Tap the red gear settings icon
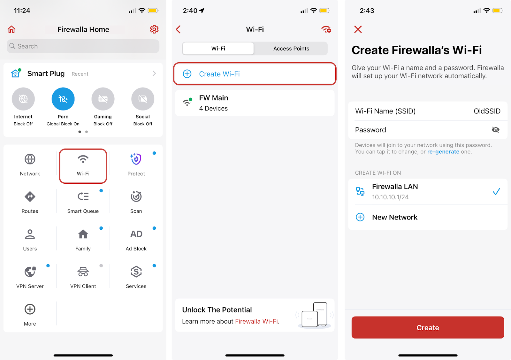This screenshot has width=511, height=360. click(154, 29)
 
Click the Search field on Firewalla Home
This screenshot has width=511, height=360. click(83, 46)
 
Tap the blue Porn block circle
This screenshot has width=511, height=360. click(63, 99)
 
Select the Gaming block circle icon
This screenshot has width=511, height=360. click(103, 99)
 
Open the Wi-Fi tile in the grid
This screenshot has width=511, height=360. click(83, 166)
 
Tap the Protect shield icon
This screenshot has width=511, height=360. click(136, 159)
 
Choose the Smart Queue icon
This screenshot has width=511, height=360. click(83, 196)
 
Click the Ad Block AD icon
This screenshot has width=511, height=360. click(136, 234)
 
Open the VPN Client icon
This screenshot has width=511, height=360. click(83, 272)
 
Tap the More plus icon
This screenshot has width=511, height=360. click(30, 309)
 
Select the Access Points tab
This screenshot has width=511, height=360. click(291, 48)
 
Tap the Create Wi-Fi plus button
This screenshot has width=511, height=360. click(187, 74)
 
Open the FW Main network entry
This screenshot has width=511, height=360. click(255, 103)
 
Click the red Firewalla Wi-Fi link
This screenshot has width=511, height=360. click(256, 321)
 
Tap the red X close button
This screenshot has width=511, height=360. click(358, 29)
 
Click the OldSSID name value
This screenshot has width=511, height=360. click(487, 111)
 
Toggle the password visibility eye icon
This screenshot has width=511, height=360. click(495, 130)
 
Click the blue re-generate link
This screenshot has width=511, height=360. click(443, 152)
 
